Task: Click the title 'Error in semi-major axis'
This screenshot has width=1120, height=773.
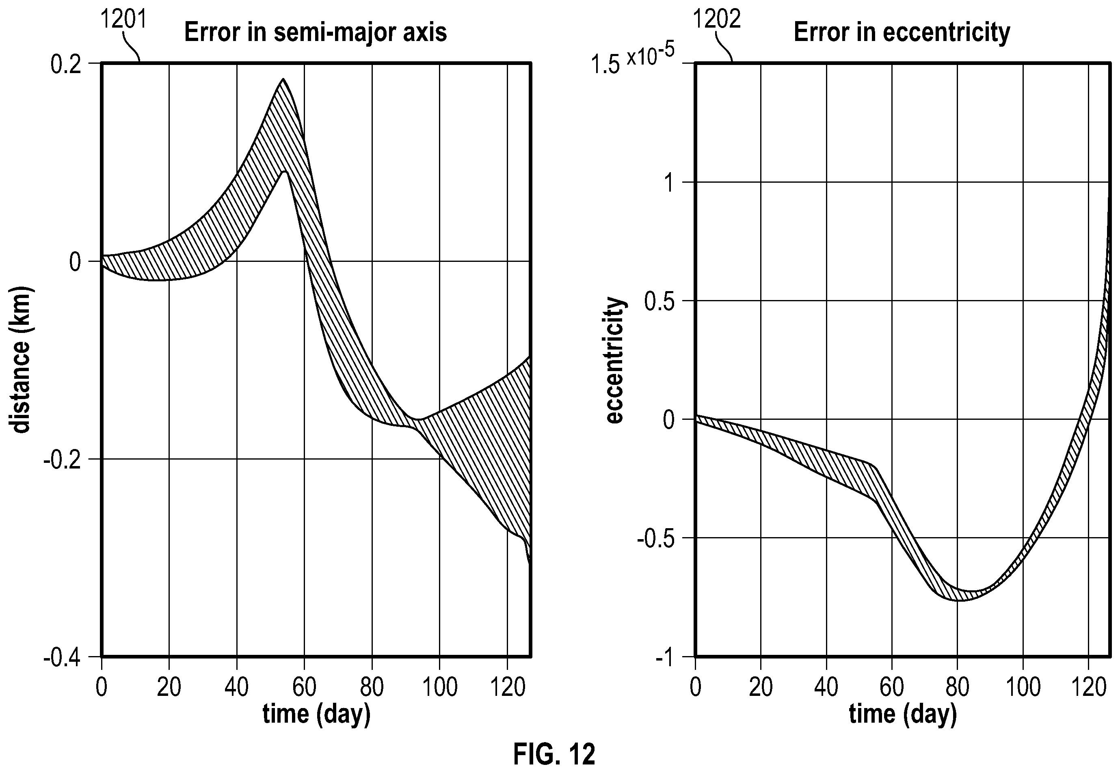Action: point(316,33)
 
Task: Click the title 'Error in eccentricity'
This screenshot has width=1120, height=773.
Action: point(902,33)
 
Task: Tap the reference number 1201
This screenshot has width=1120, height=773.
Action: point(123,20)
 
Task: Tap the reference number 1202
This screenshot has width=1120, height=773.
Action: point(716,20)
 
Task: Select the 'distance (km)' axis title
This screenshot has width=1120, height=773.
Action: point(21,361)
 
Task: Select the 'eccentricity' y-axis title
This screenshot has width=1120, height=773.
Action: point(615,361)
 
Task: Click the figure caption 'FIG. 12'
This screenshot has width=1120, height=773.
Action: point(554,754)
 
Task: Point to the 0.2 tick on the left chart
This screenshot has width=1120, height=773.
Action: point(66,65)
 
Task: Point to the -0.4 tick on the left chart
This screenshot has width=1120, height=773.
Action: point(62,658)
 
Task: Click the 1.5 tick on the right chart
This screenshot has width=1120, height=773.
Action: point(605,65)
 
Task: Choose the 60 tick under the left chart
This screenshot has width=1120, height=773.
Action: point(304,687)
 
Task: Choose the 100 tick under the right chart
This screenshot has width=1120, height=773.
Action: point(1023,687)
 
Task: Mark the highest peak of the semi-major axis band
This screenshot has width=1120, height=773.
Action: point(283,79)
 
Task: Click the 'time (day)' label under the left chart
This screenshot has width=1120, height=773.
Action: point(316,714)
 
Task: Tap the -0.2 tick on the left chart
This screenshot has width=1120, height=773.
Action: point(62,459)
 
